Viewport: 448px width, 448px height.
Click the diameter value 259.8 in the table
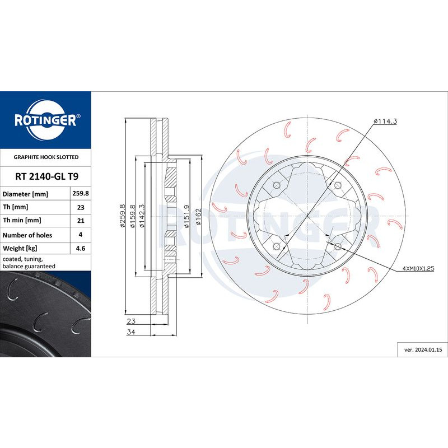[81, 194]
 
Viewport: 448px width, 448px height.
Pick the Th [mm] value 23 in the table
[81, 207]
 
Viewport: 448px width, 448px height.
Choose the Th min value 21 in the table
[81, 221]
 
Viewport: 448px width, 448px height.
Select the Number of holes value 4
[81, 235]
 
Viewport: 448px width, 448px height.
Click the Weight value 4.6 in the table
[81, 248]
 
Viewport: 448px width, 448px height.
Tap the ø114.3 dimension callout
[385, 122]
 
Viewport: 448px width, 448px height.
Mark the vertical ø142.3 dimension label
[142, 216]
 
